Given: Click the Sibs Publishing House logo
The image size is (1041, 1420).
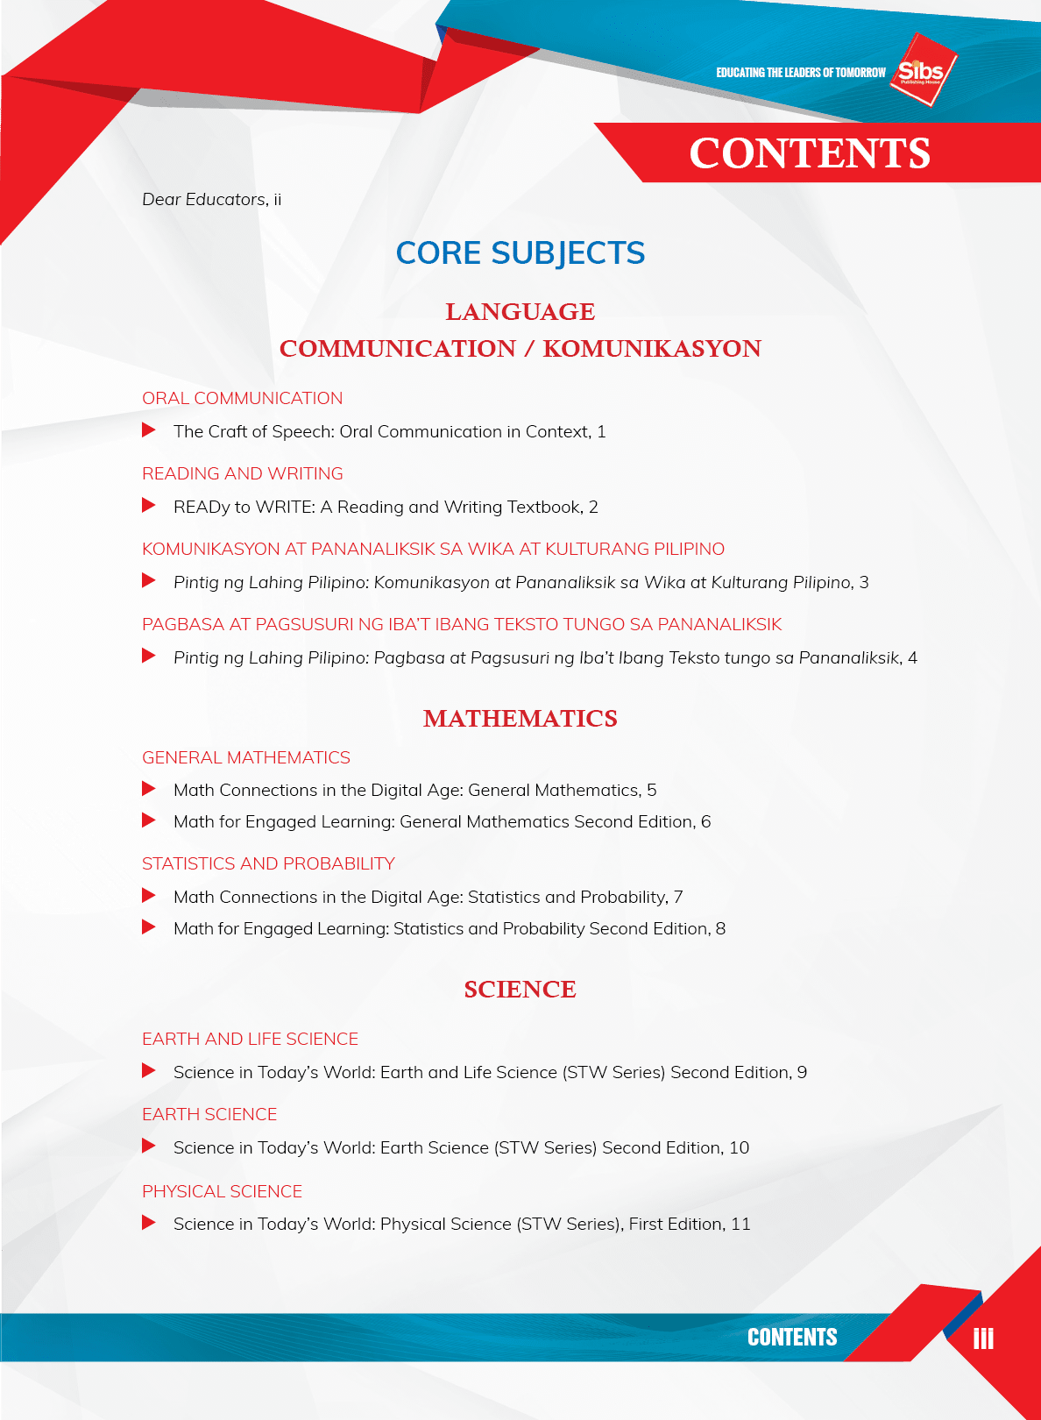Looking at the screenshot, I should pos(922,71).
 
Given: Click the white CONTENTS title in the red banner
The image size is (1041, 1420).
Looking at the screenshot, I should pos(809,153).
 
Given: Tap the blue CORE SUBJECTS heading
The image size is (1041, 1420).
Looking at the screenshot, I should pos(520,253).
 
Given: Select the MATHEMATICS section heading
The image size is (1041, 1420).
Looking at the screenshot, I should pos(520,719).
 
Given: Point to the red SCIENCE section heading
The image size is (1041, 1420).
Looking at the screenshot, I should pos(520,990).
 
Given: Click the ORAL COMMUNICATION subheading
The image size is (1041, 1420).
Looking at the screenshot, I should pos(242,399).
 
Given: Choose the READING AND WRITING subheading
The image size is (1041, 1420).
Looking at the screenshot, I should pos(242,474).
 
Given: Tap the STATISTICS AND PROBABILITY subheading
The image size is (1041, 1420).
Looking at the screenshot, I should pos(268,864).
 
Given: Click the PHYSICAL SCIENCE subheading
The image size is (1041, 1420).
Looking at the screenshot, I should pos(222,1192).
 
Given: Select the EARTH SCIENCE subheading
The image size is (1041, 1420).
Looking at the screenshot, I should pos(209,1115).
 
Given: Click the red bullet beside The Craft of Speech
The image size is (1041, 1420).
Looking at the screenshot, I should pos(149,430).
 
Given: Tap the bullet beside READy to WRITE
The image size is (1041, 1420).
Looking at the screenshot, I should pos(149,506).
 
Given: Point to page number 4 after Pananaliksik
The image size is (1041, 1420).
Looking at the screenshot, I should pos(912,658).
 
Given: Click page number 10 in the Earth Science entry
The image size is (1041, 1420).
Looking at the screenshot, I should pos(739,1148).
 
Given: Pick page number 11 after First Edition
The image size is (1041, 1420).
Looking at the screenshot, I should pos(740,1225).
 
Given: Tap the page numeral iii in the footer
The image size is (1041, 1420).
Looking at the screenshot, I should pos(983,1338).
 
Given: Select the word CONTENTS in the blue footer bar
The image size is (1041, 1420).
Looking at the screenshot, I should pos(792,1338).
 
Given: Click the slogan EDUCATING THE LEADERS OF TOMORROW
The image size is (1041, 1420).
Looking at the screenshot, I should pos(801,73).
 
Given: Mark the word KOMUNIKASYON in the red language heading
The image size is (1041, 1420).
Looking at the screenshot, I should pos(652,349).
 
